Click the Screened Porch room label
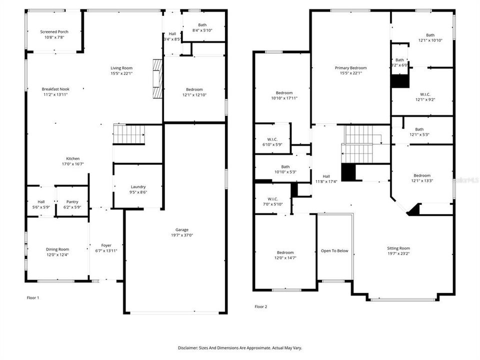54,31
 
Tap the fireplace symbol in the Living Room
157,79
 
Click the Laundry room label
138,186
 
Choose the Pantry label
72,201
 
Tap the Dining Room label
57,249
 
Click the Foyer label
106,245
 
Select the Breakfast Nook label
55,89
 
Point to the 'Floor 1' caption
33,297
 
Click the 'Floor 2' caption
261,306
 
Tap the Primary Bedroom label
350,68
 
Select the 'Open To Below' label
334,251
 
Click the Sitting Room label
398,248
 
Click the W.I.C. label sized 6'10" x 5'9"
272,139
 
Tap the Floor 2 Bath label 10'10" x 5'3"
285,166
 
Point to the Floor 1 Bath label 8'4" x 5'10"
202,25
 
